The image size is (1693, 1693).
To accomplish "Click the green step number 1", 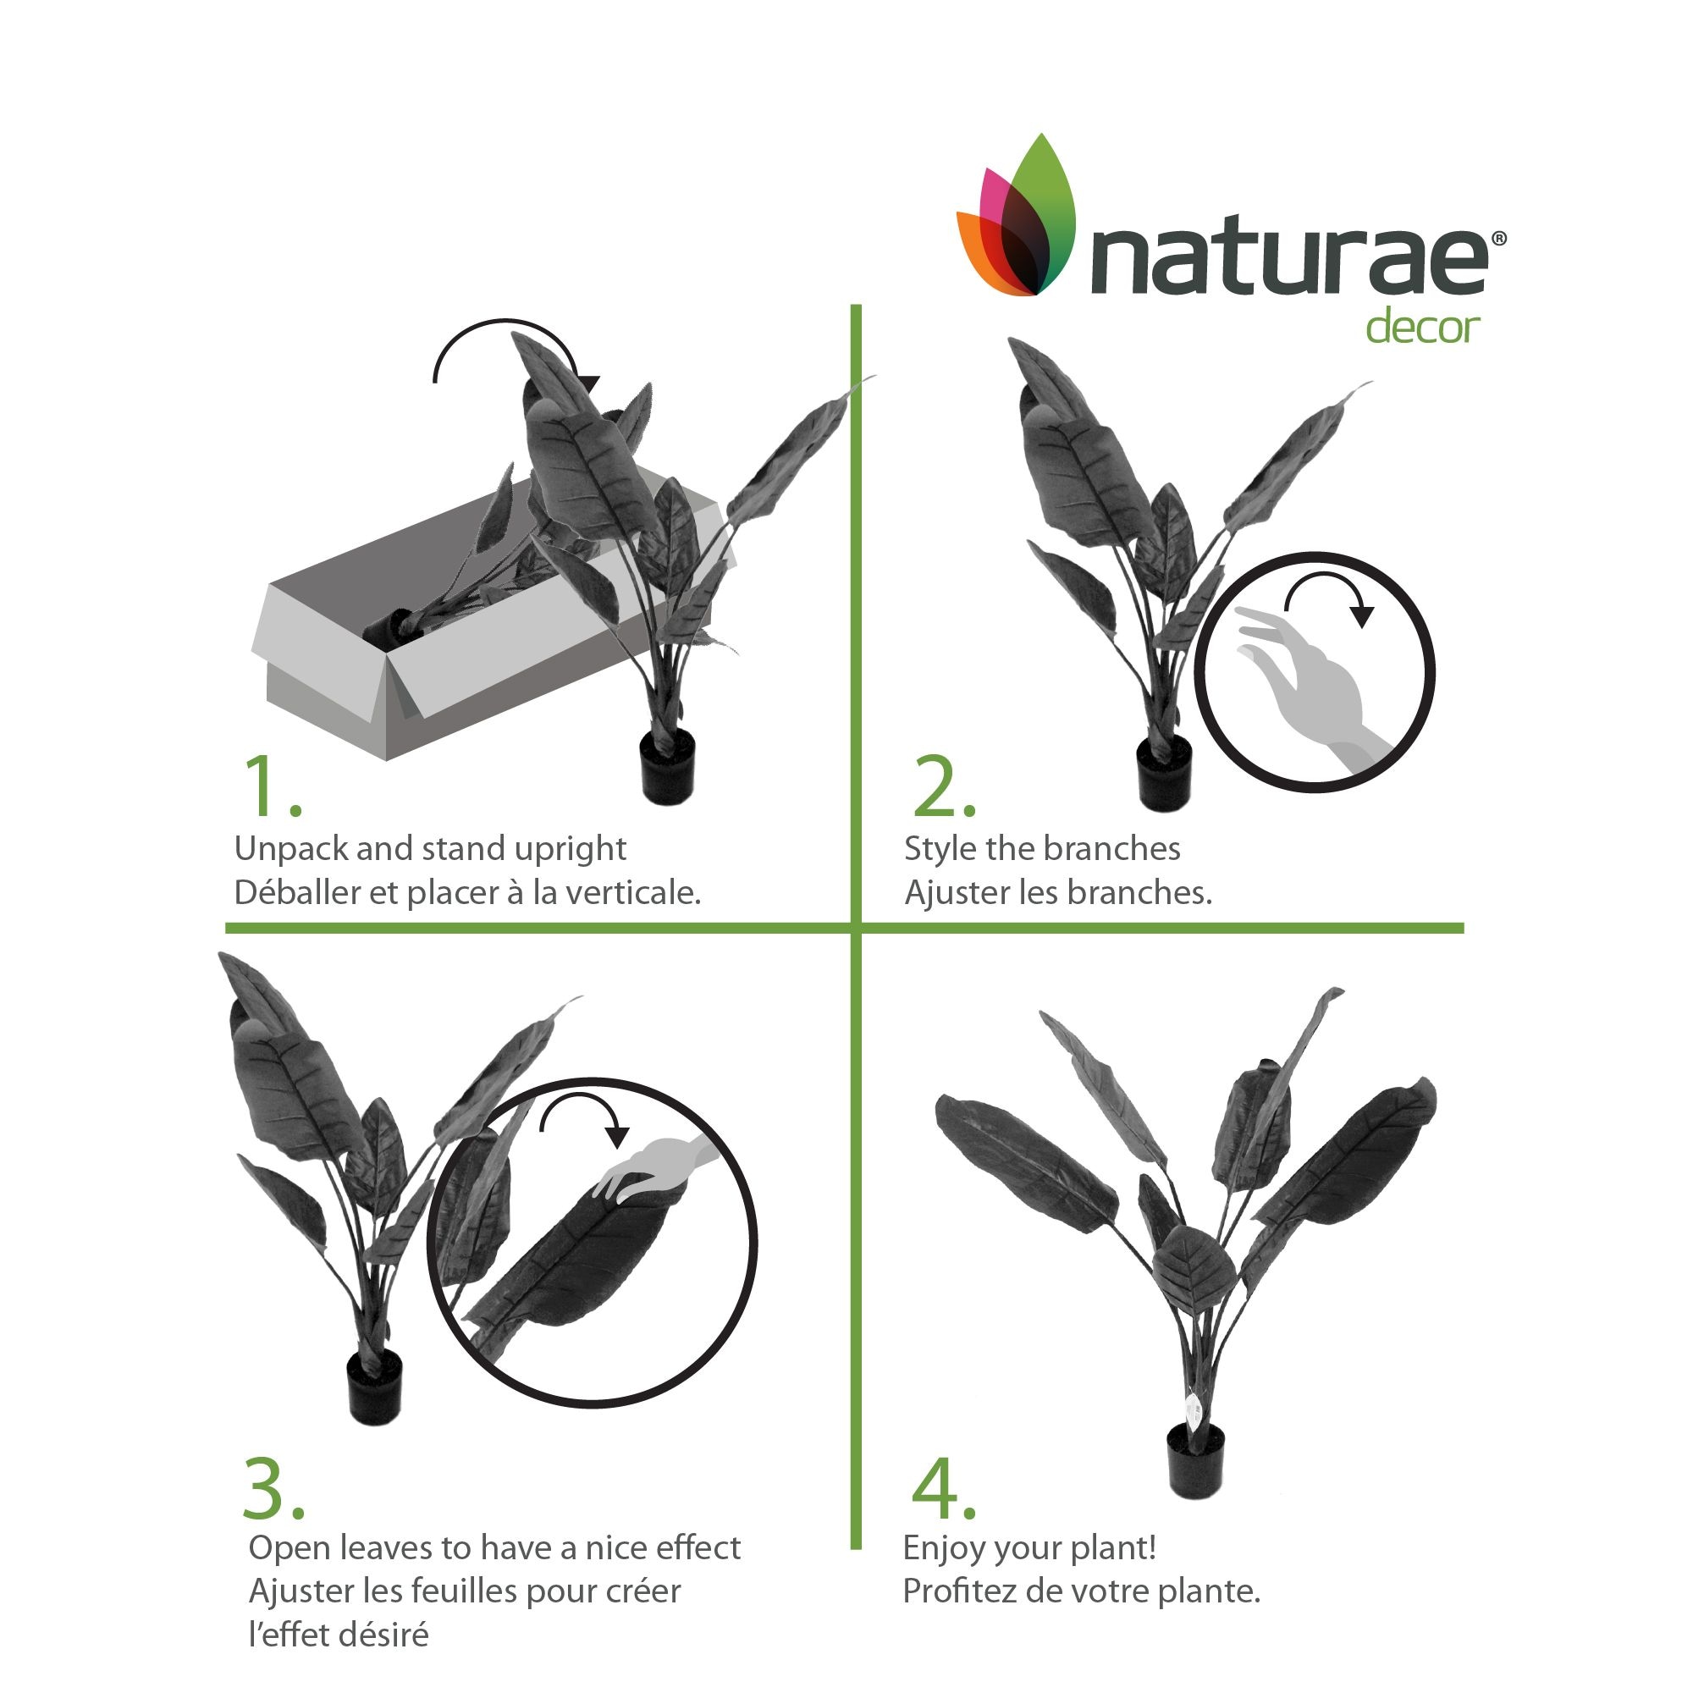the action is point(272,785).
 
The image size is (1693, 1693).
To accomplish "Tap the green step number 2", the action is point(944,785).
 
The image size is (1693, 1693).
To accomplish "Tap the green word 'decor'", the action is point(1423,328).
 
